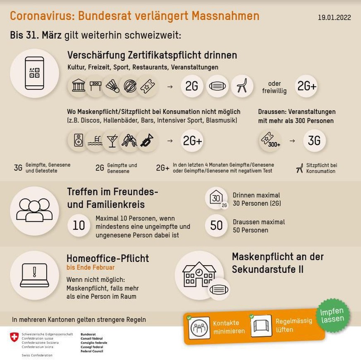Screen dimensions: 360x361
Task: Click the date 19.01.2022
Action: point(334,18)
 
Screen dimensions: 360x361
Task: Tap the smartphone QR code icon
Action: point(34,73)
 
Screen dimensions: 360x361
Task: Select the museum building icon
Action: point(79,86)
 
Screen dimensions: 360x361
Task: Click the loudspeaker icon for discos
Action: point(79,141)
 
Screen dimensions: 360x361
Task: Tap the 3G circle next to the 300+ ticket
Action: point(314,141)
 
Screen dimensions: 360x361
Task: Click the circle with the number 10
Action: point(79,225)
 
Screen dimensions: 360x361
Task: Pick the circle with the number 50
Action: point(216,225)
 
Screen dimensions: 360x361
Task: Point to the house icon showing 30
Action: point(216,198)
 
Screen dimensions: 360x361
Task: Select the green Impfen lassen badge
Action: point(332,316)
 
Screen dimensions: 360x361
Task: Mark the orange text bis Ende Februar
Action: point(91,267)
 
